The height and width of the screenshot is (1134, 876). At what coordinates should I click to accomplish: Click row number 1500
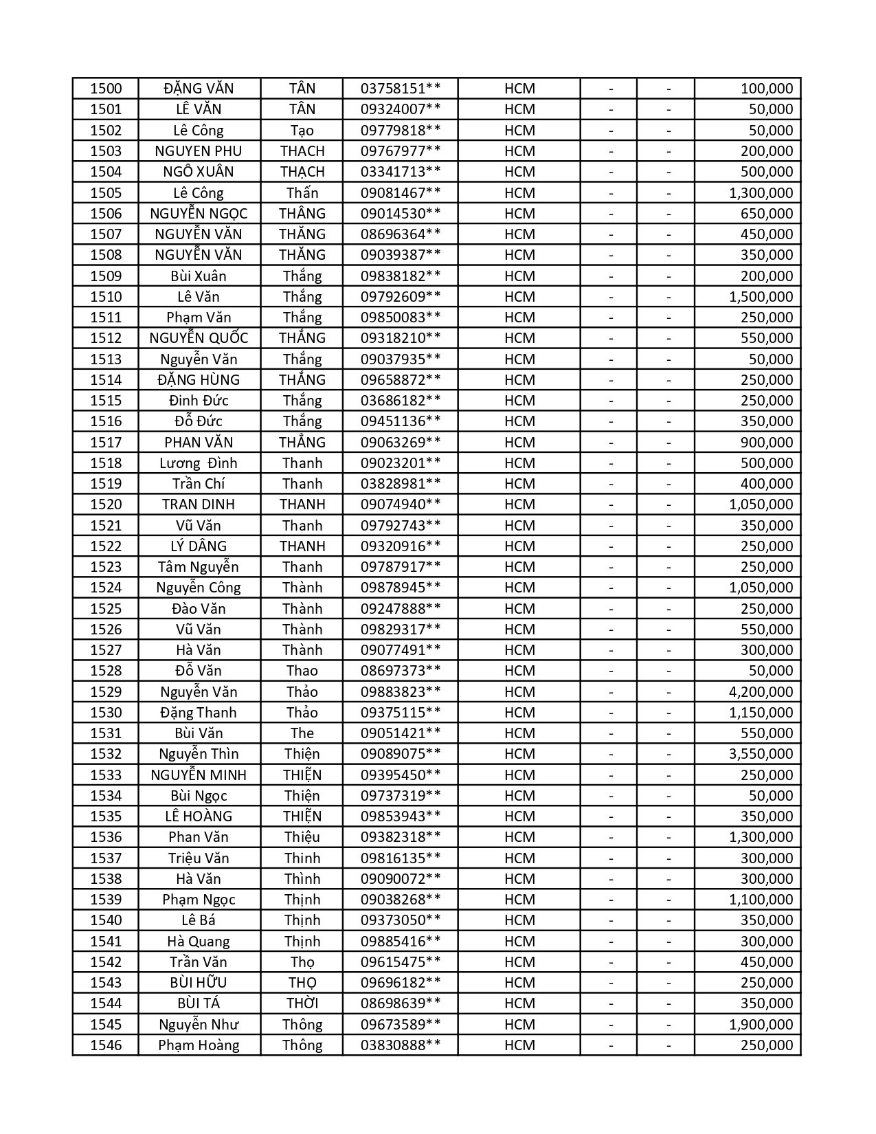click(x=106, y=89)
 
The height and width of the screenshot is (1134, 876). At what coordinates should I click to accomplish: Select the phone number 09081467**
click(x=401, y=193)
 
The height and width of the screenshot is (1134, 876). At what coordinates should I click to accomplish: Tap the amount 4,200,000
click(x=760, y=692)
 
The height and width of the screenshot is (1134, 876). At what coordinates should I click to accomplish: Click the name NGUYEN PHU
click(x=199, y=151)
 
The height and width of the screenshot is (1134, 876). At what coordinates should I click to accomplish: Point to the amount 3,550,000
click(x=760, y=754)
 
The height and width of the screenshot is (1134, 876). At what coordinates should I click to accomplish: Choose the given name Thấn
click(x=302, y=193)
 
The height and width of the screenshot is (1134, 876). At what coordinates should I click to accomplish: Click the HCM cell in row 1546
click(x=519, y=1045)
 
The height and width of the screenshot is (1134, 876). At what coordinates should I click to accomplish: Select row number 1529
click(x=106, y=692)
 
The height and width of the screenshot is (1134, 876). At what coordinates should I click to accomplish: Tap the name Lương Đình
click(x=199, y=463)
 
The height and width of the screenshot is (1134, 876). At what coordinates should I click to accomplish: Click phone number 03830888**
click(x=401, y=1045)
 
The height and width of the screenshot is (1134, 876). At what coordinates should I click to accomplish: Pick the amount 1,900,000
click(x=760, y=1025)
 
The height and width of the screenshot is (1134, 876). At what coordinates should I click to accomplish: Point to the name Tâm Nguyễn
click(x=199, y=567)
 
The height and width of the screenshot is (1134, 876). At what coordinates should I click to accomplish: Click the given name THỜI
click(x=302, y=1003)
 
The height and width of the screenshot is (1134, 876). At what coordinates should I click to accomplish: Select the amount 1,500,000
click(x=760, y=297)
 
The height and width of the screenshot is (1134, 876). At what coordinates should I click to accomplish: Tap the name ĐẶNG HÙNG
click(x=199, y=380)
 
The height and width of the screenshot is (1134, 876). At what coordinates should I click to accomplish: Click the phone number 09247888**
click(x=401, y=609)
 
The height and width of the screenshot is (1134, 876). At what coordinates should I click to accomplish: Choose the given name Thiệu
click(x=302, y=837)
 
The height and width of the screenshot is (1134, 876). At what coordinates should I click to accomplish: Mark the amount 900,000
click(x=766, y=443)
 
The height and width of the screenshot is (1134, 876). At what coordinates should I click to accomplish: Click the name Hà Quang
click(x=199, y=942)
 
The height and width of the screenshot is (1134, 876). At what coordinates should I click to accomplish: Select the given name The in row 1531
click(x=302, y=733)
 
